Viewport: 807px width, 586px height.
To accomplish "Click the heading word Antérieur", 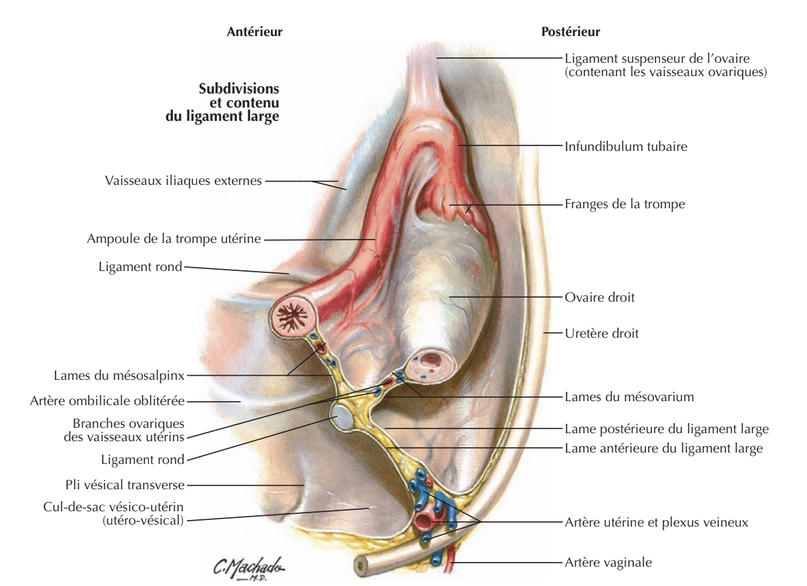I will click(255, 31).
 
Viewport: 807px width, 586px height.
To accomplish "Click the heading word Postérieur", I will click(570, 31).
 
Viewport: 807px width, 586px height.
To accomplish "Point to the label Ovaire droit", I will click(599, 298).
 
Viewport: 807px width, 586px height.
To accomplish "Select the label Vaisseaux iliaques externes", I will click(184, 180).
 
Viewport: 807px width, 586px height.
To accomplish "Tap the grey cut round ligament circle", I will click(342, 419).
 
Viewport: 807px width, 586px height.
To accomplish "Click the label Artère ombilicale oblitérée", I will click(107, 401).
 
